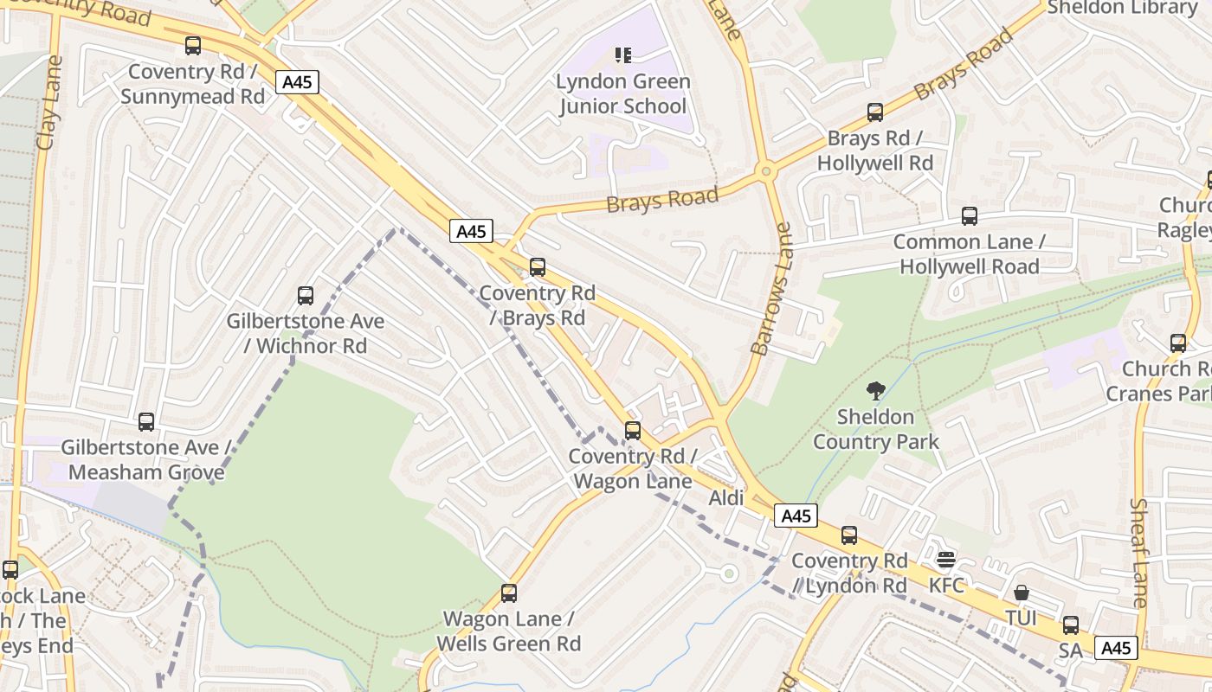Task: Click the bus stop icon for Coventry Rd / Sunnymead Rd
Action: [193, 46]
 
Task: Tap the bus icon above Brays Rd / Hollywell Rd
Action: [875, 112]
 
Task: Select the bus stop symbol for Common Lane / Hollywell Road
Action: [970, 216]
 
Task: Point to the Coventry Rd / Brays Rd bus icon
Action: [538, 267]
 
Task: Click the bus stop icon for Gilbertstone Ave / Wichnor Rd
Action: [306, 296]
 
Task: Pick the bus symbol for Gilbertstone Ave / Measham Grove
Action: [146, 422]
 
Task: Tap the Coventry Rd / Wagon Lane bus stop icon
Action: [633, 431]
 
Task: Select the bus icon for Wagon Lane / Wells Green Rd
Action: [509, 593]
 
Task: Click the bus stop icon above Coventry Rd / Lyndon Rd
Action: [849, 535]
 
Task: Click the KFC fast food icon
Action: [946, 560]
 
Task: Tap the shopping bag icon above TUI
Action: [1022, 593]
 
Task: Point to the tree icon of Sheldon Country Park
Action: [875, 391]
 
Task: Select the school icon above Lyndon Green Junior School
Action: [623, 55]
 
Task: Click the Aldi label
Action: [726, 498]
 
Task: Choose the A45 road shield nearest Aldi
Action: [796, 516]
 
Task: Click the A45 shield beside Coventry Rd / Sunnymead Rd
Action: [298, 82]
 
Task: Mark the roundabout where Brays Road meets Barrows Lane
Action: [765, 171]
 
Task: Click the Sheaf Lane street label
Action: [1140, 553]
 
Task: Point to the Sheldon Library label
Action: [1122, 8]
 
